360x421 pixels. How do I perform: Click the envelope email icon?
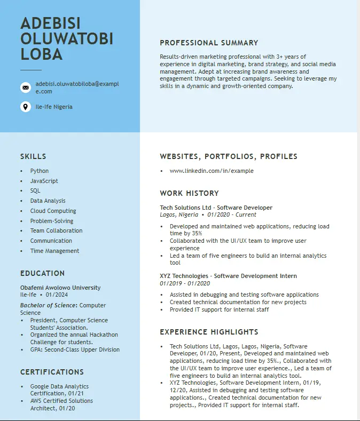coord(25,88)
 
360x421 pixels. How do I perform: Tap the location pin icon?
coord(25,107)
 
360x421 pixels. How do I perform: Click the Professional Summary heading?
coord(209,43)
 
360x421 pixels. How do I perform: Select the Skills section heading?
coord(33,156)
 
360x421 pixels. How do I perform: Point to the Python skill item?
coord(40,171)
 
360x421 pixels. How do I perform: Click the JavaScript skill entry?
coord(44,181)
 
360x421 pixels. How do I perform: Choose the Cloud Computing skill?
coord(53,211)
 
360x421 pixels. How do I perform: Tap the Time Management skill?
coord(54,251)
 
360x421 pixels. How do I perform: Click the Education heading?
coord(42,273)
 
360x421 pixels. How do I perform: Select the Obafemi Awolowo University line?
coord(60,288)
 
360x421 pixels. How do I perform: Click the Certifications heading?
coord(52,372)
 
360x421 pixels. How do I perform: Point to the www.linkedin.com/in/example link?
coord(212,171)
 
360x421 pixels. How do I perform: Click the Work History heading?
coord(189,193)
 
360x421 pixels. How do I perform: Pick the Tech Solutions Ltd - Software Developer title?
coord(216,208)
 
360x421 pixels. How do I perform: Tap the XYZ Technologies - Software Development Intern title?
coord(228,276)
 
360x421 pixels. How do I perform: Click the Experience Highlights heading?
coord(209,332)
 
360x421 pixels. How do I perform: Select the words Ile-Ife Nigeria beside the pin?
coord(54,107)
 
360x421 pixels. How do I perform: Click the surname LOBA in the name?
coord(42,54)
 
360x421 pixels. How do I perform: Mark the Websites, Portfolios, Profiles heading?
coord(229,156)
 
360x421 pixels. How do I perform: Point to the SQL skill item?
coord(35,190)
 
